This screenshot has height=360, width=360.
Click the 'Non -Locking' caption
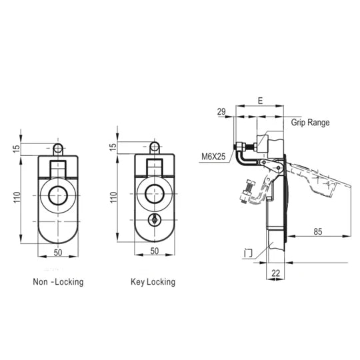58,282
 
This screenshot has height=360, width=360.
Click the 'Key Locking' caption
153,282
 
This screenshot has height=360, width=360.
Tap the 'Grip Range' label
310,123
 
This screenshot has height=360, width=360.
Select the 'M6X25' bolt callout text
213,158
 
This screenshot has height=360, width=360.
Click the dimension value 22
275,272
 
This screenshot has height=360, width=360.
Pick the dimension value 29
221,113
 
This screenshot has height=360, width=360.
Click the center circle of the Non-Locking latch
58,195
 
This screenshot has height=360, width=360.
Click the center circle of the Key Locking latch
155,195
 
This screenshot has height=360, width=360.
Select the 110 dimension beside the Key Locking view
113,198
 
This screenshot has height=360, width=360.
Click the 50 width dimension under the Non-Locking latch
57,252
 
